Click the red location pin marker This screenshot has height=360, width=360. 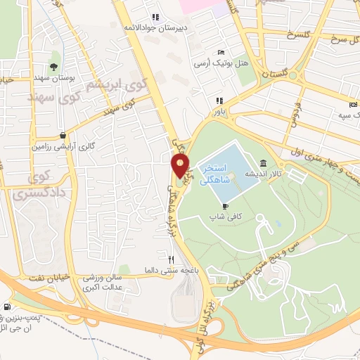pos(180,166)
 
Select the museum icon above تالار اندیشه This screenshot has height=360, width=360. pos(263,162)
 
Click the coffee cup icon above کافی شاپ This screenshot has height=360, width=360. pos(224,205)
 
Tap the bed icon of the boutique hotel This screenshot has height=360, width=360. pos(221,52)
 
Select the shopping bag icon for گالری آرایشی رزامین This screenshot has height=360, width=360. pos(63,136)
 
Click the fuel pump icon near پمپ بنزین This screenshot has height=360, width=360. pos(8,307)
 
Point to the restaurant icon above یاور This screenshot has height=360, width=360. pos(219,101)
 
